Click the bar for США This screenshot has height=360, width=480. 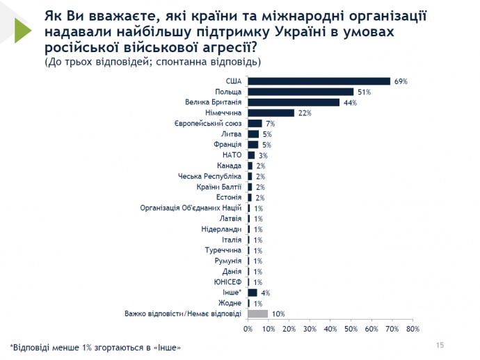tap(319, 81)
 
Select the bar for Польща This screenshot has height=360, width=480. tap(301, 92)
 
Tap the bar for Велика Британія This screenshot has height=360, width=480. tap(294, 102)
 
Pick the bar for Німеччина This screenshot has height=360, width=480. tap(271, 113)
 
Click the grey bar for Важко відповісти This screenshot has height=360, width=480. tap(258, 313)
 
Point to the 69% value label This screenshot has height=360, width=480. tap(400, 81)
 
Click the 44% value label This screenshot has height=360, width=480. tap(349, 103)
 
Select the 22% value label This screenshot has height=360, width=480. tap(303, 113)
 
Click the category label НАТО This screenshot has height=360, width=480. tap(232, 155)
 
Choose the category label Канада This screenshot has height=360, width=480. tap(230, 165)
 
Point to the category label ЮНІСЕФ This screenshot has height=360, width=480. tap(227, 282)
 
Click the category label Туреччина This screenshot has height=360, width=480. tap(223, 250)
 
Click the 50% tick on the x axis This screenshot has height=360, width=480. tap(351, 329)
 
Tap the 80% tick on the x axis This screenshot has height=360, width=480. tap(413, 329)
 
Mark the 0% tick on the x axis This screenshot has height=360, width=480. tap(248, 329)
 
